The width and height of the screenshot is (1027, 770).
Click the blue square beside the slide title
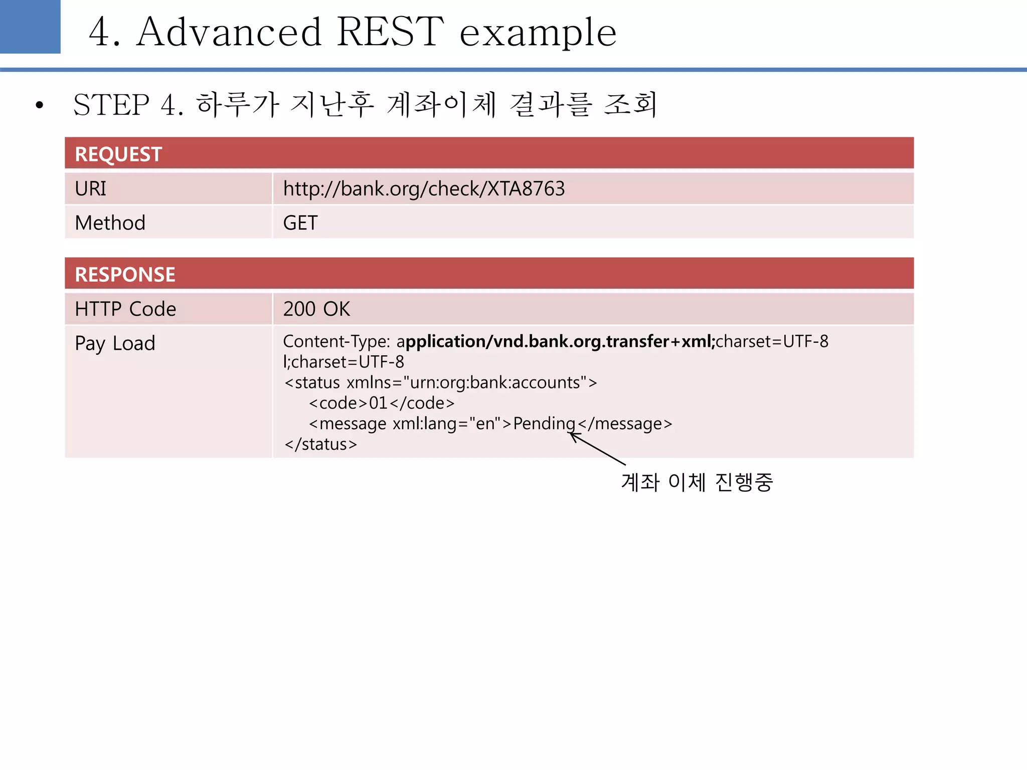tap(30, 26)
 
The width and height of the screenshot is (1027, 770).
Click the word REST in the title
tap(390, 32)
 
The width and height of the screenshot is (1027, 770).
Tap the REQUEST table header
tap(118, 154)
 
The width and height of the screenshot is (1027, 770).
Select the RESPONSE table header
tap(125, 274)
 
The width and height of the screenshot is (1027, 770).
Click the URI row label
tap(91, 189)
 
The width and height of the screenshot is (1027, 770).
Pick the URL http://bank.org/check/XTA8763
tap(424, 189)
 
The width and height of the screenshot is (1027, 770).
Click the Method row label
tap(110, 223)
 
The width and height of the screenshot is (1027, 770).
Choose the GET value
tap(300, 223)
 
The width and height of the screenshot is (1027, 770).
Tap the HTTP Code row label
tap(125, 309)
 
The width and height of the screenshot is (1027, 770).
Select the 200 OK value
tap(316, 309)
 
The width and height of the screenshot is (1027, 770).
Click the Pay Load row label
tap(115, 343)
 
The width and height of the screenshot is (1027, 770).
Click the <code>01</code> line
tap(382, 403)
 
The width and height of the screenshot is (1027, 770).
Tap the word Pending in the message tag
tap(544, 424)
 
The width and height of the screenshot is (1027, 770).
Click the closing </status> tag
tap(320, 444)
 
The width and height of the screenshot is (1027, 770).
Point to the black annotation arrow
tap(598, 449)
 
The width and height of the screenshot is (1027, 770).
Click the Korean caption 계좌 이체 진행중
tap(697, 482)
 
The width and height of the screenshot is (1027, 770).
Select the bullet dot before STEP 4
tap(40, 105)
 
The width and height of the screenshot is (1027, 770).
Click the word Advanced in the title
tap(229, 32)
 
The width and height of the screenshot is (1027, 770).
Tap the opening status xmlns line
tap(440, 382)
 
